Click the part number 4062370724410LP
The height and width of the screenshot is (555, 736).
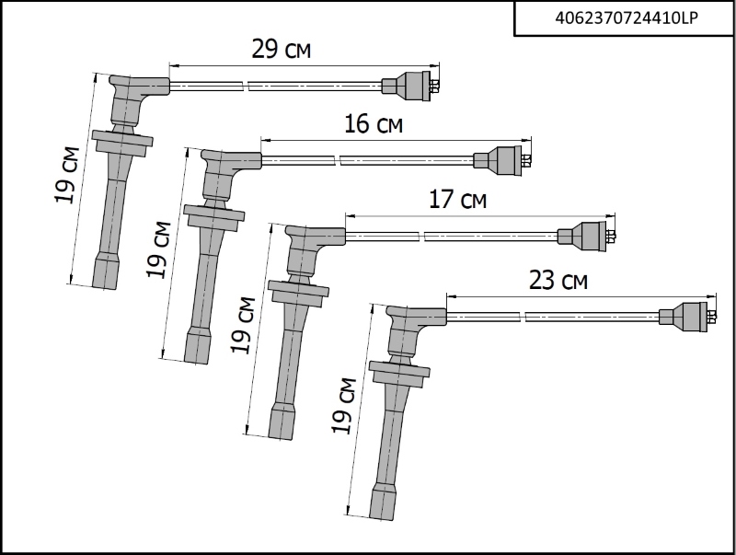pos(627,17)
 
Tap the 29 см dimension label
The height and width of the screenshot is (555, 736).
pos(282,50)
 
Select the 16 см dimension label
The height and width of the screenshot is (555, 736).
pos(374,124)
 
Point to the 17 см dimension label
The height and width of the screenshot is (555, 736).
pos(457,200)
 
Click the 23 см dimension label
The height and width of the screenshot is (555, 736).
pos(558,281)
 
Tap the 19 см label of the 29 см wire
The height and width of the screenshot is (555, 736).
pos(67,176)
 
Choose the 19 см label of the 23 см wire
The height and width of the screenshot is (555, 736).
pos(344,405)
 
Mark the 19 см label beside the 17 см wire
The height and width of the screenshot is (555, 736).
pos(243,325)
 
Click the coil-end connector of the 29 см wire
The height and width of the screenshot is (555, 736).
pos(410,86)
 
